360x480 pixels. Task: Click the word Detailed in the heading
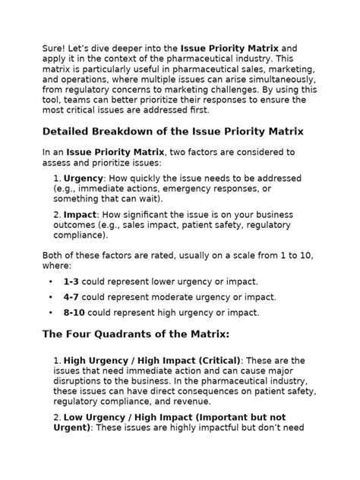(70, 131)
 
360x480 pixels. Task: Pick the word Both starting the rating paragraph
(54, 256)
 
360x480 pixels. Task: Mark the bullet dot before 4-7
(50, 297)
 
